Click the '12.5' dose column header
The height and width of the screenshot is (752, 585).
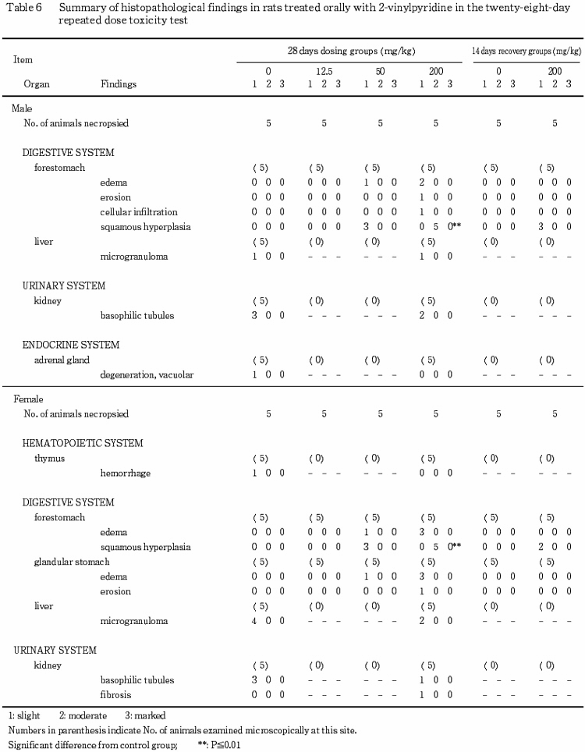pos(323,70)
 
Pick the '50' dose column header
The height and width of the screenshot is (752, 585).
pos(380,70)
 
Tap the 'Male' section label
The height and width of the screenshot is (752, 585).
pos(24,109)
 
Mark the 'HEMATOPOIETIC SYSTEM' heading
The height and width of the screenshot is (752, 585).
pos(83,443)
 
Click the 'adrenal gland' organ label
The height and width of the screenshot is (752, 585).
pos(62,360)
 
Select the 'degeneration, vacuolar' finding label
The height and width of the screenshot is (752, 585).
pos(147,374)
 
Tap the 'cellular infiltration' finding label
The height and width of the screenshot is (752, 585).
pos(139,211)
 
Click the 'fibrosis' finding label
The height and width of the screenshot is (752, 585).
pos(115,695)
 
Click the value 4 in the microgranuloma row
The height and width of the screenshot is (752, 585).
pos(255,621)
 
